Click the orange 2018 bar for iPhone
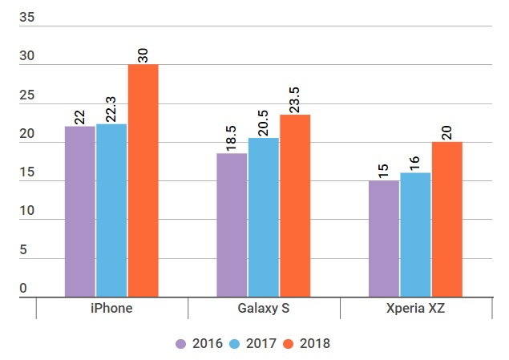(143, 180)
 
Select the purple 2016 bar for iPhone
(79, 212)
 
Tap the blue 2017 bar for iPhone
(111, 210)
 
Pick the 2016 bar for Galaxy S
(232, 225)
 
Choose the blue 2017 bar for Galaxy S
(264, 217)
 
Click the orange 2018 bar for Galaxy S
(295, 206)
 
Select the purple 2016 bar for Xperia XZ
(384, 239)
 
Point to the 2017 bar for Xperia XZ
(415, 235)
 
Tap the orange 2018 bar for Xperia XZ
(447, 220)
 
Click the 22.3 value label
(111, 105)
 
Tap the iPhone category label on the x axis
(112, 309)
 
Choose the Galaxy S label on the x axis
(264, 309)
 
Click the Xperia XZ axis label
(416, 309)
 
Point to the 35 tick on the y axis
(27, 18)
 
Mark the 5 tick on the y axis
(23, 250)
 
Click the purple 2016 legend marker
(181, 343)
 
